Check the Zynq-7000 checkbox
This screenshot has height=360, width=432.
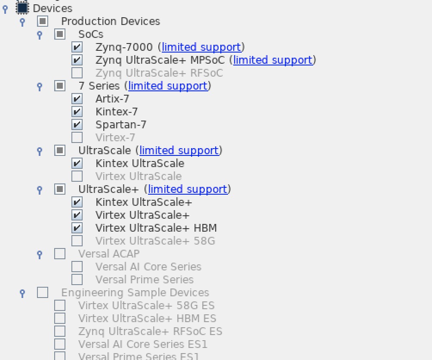(x=77, y=47)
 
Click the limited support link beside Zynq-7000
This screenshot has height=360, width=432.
(x=201, y=47)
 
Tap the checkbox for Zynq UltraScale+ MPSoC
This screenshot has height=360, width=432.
(x=77, y=60)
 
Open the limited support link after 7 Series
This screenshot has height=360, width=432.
(x=167, y=86)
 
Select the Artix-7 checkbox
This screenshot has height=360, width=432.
(x=77, y=99)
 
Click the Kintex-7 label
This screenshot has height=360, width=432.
(x=117, y=112)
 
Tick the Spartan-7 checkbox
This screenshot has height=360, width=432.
(x=77, y=124)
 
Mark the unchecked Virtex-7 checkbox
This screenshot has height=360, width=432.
(x=77, y=137)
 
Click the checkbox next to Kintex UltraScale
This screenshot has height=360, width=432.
(x=77, y=163)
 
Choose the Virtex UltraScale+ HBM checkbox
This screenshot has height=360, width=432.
(x=77, y=228)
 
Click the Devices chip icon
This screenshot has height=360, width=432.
(x=22, y=8)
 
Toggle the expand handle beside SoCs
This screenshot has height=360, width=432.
(x=40, y=34)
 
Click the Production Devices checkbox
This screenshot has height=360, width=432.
(x=43, y=21)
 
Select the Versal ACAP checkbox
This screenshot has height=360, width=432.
(x=60, y=254)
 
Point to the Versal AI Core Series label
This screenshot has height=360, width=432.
(x=148, y=267)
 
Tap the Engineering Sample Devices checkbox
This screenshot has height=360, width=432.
(x=43, y=292)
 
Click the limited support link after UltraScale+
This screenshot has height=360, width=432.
(x=187, y=189)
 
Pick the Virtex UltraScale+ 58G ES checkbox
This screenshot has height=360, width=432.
(x=60, y=305)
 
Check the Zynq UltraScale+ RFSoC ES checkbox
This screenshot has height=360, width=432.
(x=60, y=331)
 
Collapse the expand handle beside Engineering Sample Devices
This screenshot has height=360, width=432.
(x=22, y=293)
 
